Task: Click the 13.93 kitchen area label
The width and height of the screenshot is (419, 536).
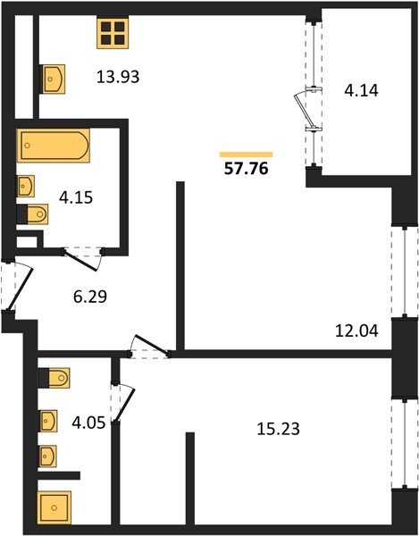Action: coord(119,77)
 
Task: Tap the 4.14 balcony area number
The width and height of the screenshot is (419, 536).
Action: coord(363,89)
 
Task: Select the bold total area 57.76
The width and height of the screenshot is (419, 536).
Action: coord(246,166)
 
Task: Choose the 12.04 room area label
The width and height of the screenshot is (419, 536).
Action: coord(358,331)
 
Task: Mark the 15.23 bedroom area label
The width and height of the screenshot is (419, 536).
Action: coord(277,428)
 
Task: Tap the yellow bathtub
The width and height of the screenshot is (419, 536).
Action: coord(53,144)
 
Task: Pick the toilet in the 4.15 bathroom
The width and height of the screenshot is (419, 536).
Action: coord(32,215)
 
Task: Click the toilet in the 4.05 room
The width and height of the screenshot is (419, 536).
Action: coord(55,379)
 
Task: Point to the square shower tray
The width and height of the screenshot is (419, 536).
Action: coord(54,507)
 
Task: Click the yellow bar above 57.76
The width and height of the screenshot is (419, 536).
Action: coord(246,154)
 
